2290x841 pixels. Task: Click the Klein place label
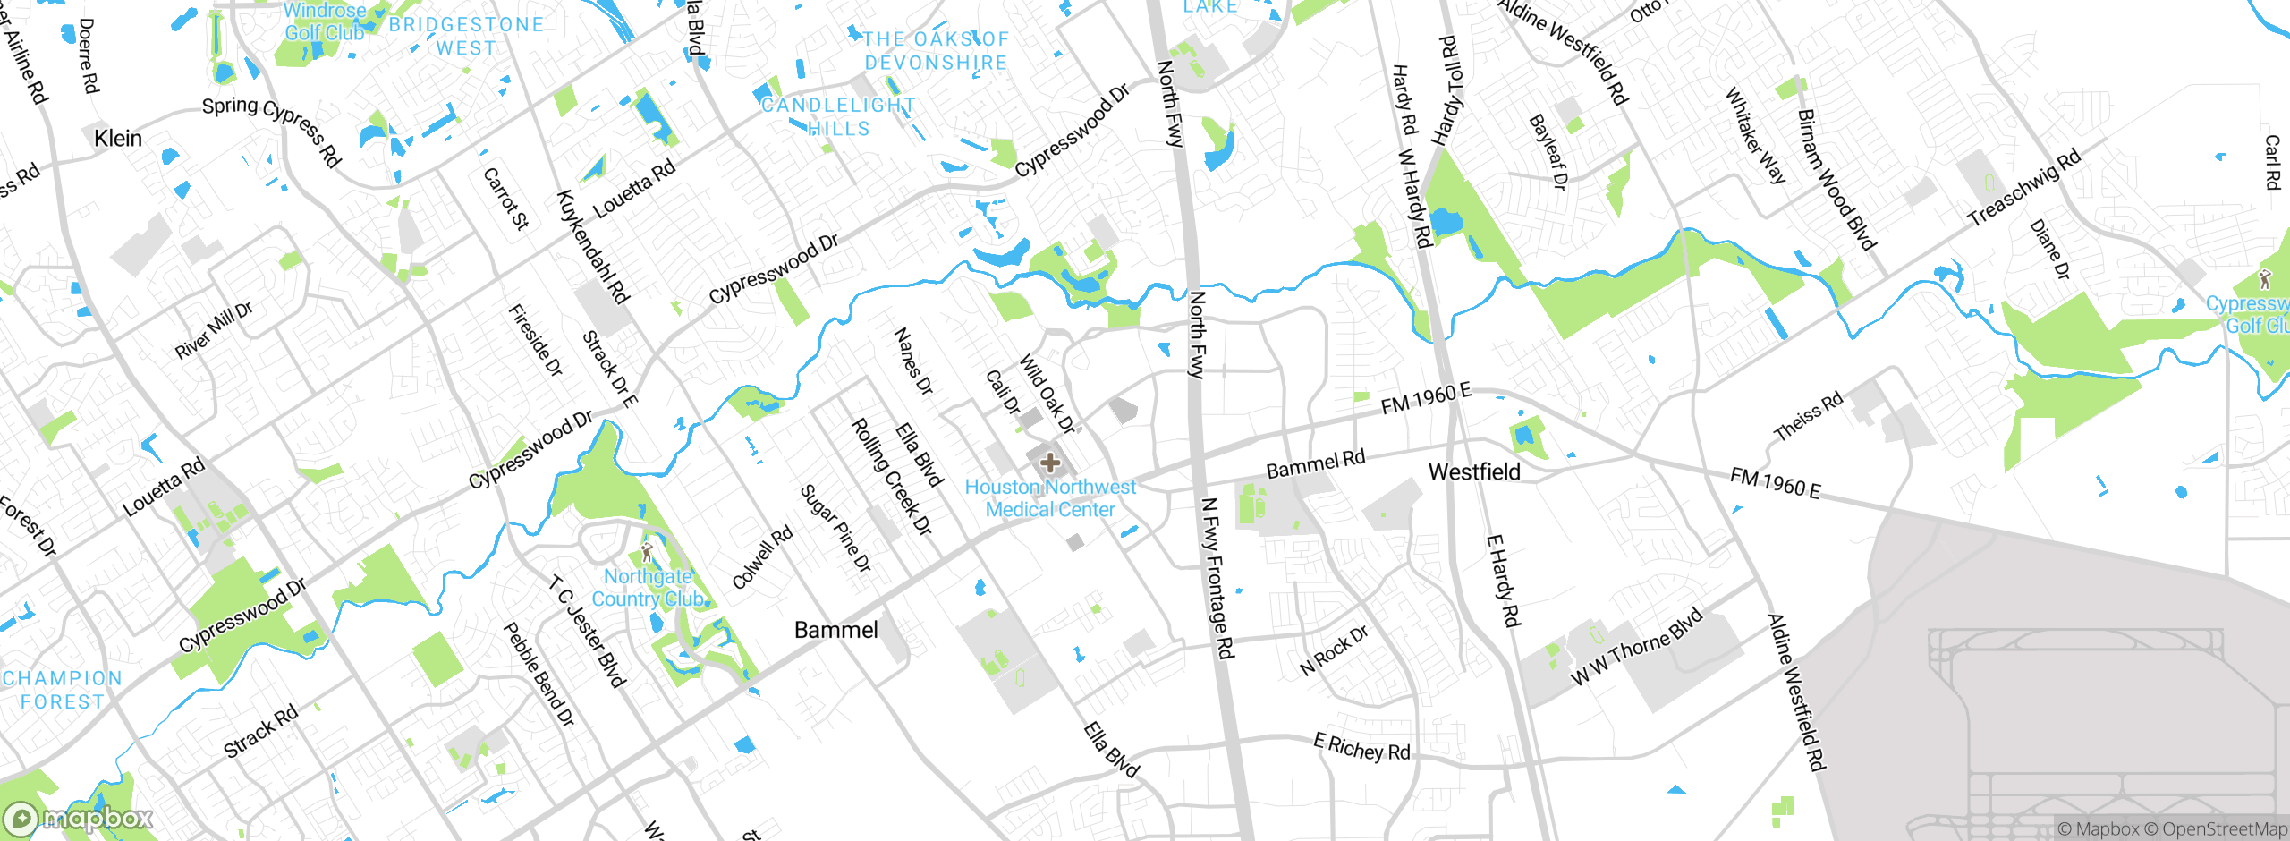[118, 138]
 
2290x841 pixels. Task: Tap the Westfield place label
[1474, 471]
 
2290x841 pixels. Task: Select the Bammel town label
[835, 630]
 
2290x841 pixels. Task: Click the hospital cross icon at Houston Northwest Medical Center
[1050, 463]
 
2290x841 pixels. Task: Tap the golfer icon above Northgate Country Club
[647, 552]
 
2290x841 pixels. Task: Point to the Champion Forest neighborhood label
[62, 690]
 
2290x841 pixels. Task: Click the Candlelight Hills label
[838, 117]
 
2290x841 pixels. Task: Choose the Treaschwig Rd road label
[2024, 188]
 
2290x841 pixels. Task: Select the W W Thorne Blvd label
[1636, 647]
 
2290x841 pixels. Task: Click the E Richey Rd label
[1361, 747]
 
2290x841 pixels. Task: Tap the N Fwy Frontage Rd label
[1217, 579]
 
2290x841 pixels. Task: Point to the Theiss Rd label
[1808, 416]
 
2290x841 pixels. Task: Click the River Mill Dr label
[214, 330]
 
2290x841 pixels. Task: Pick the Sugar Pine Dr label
[835, 529]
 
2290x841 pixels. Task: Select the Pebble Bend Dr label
[539, 674]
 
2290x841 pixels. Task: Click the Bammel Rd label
[1315, 463]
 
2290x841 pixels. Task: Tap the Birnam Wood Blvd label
[1836, 179]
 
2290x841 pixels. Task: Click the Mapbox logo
[79, 818]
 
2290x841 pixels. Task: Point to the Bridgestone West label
[466, 37]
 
